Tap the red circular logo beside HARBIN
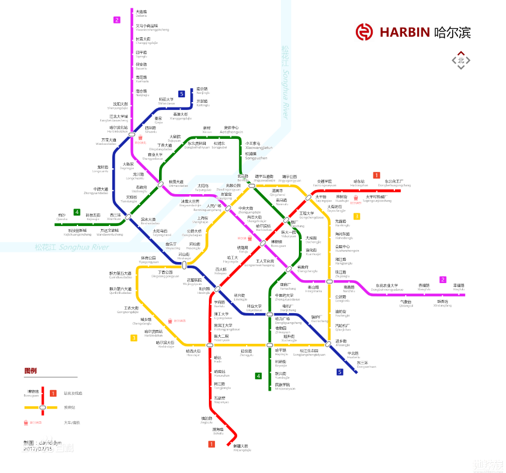(x=364, y=32)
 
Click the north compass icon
(x=461, y=60)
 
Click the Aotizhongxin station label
(x=231, y=130)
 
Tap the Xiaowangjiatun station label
(x=258, y=146)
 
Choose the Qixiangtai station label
(x=406, y=304)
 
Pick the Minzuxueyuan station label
(x=285, y=387)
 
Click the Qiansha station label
(x=62, y=217)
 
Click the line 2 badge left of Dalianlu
(x=116, y=20)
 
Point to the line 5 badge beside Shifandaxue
(x=181, y=94)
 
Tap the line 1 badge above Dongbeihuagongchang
(x=376, y=175)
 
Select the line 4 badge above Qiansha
(x=77, y=212)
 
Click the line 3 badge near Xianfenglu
(x=357, y=216)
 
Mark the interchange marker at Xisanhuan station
(x=128, y=217)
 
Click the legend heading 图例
(x=30, y=371)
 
